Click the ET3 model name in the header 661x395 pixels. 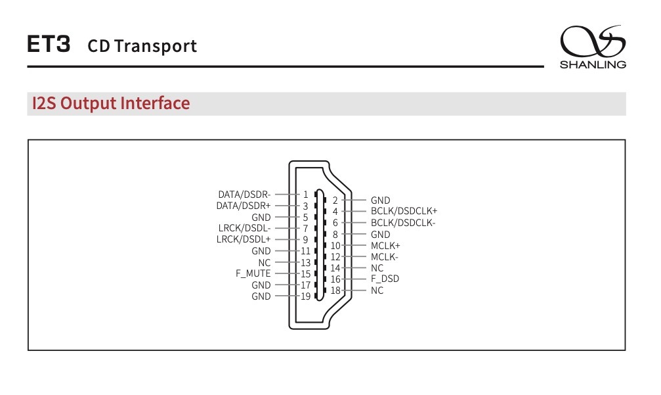[49, 45]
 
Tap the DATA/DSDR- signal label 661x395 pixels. [244, 195]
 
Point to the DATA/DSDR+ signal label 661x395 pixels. [244, 206]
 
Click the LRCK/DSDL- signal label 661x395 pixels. [244, 228]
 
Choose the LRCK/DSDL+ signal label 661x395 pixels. [244, 239]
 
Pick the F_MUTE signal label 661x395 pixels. [253, 273]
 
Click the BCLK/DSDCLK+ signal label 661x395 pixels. [404, 212]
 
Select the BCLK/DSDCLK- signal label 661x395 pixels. [403, 223]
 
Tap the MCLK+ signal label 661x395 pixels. [385, 245]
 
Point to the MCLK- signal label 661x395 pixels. [385, 257]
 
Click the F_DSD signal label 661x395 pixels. [385, 279]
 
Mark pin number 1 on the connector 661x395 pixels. [306, 195]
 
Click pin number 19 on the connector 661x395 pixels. [306, 296]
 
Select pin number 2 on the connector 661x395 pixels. [335, 200]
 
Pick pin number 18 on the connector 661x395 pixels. [335, 290]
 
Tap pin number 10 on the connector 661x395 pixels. [335, 245]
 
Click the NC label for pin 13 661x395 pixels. [265, 262]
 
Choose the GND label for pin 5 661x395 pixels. [261, 217]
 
